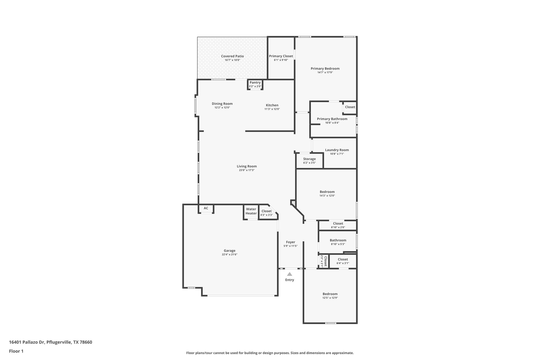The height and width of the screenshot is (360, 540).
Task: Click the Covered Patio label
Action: (232, 56)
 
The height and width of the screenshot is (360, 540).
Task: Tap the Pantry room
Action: (255, 84)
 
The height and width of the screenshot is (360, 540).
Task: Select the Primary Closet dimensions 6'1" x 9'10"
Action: (281, 60)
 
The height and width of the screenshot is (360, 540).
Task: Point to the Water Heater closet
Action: (251, 211)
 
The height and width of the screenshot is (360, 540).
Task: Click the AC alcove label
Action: (206, 208)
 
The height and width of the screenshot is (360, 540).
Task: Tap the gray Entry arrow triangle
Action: (290, 274)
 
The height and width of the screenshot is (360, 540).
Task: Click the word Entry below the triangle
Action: (290, 280)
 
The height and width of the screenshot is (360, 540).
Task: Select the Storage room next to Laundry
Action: (309, 161)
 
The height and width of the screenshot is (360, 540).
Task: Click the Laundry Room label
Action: (337, 150)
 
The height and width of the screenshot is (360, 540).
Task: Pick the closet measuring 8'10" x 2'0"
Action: (338, 225)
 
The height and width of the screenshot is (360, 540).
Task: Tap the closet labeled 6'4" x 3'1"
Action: (343, 261)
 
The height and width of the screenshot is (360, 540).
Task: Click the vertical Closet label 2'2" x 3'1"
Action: (324, 261)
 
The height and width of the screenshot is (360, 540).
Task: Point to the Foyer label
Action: (291, 242)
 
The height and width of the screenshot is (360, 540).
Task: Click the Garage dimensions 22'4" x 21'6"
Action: (230, 255)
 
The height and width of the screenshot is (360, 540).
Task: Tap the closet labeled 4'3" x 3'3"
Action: (267, 213)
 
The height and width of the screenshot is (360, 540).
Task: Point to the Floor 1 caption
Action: (16, 351)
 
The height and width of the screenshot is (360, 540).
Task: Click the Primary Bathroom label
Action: (332, 119)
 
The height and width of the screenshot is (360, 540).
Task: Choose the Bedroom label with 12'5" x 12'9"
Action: (330, 294)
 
